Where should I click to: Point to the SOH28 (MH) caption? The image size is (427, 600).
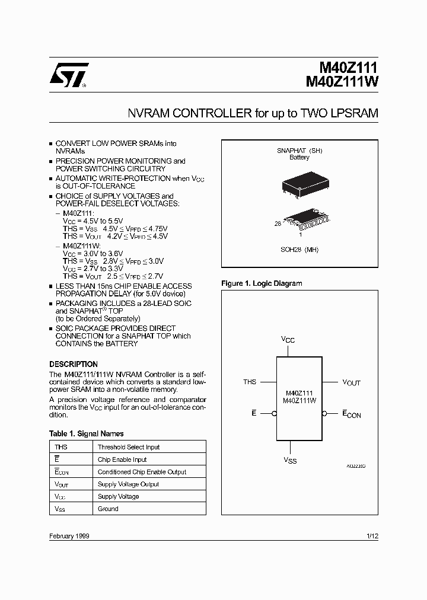coord(300,250)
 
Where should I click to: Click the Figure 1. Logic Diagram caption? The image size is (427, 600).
coord(262,283)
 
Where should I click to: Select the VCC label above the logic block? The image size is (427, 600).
coord(288,340)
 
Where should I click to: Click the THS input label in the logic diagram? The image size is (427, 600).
coord(250,382)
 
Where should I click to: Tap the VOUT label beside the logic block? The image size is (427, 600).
coord(351,382)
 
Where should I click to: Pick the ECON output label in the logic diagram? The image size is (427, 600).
coord(351,414)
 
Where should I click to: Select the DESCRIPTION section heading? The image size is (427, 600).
coord(74,364)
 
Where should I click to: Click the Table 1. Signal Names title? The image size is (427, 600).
coord(87,433)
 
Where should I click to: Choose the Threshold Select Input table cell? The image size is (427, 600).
coord(129,447)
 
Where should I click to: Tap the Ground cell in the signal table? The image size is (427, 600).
coord(108,509)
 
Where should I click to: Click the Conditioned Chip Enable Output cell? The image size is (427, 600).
coord(142,472)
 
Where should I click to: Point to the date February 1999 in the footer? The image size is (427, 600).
coord(69,536)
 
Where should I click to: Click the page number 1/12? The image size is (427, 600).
coord(372,536)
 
